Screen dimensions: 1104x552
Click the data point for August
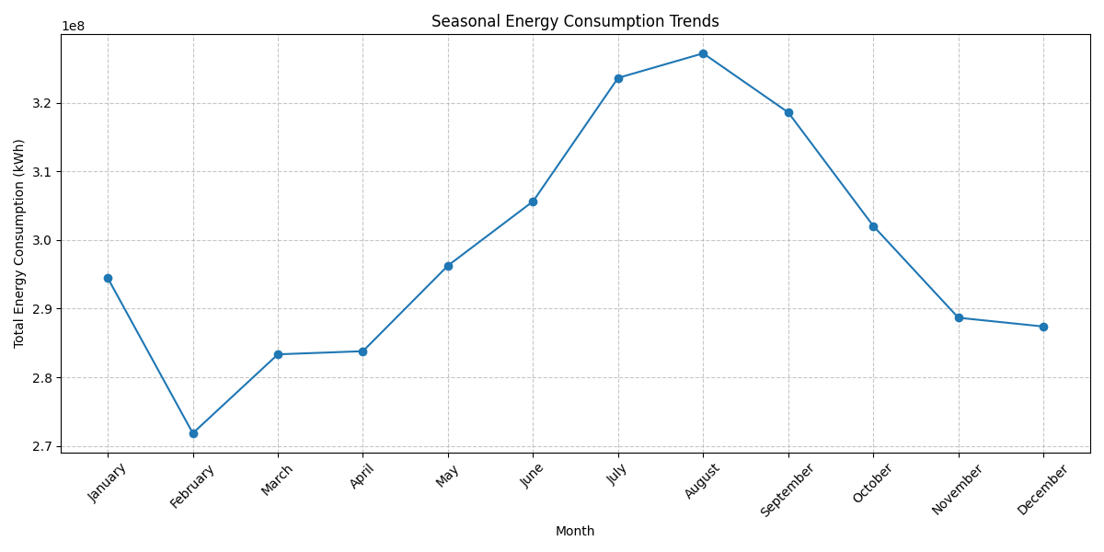click(x=703, y=53)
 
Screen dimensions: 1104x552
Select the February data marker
click(x=194, y=433)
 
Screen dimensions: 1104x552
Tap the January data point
click(x=108, y=279)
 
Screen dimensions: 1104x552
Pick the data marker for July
click(x=618, y=78)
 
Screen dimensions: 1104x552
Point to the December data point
click(x=1043, y=327)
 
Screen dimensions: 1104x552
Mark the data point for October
click(x=873, y=226)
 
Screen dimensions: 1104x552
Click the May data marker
click(x=449, y=266)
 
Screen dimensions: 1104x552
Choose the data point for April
click(x=362, y=351)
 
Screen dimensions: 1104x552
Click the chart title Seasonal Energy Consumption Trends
click(x=575, y=21)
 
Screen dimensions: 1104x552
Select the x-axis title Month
click(x=575, y=531)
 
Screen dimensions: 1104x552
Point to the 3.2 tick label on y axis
click(x=42, y=103)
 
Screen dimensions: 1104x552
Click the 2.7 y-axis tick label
click(x=42, y=446)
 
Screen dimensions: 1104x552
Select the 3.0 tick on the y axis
click(x=42, y=240)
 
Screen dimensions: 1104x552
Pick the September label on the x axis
click(x=787, y=489)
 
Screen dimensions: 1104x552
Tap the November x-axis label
click(x=957, y=489)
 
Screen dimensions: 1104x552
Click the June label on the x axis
click(x=532, y=475)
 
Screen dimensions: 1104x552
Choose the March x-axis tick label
click(x=277, y=479)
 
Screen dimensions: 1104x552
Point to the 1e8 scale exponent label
click(x=73, y=26)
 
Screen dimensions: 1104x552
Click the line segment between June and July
click(x=576, y=140)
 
